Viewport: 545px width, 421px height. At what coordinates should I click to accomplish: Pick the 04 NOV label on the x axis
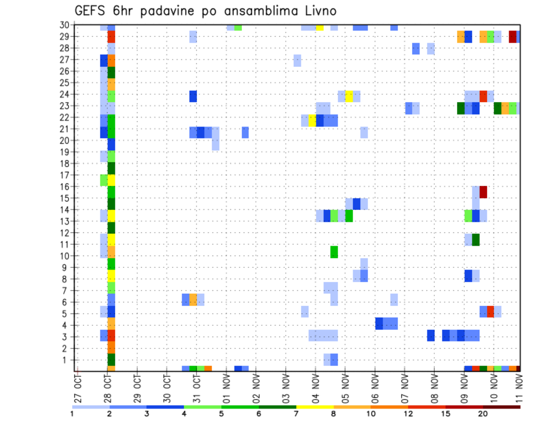[316, 388]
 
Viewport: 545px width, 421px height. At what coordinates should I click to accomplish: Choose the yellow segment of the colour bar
[315, 406]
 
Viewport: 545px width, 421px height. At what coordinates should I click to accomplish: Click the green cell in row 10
[334, 252]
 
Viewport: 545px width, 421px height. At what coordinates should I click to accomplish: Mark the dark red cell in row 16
[483, 192]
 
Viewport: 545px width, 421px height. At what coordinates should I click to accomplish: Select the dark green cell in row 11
[476, 239]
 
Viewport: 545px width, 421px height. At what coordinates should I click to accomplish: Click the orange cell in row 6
[193, 300]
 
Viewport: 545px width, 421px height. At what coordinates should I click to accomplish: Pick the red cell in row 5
[491, 311]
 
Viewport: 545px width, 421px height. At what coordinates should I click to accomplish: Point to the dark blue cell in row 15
[357, 204]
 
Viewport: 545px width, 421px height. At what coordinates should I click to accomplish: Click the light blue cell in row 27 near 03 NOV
[297, 61]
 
